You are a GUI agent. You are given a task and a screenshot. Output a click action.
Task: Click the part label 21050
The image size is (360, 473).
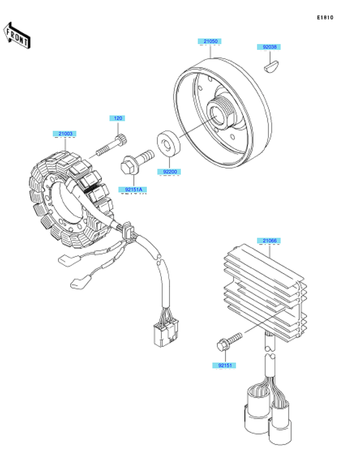pyautogui.click(x=210, y=41)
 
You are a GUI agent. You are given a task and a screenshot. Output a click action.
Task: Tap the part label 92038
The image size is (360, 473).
pyautogui.click(x=269, y=47)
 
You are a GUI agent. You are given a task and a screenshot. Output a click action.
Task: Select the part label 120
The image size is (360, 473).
pyautogui.click(x=118, y=118)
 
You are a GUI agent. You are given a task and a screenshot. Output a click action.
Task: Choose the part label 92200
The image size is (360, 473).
pyautogui.click(x=170, y=171)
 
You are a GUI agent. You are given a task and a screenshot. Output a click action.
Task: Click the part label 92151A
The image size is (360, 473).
pyautogui.click(x=133, y=190)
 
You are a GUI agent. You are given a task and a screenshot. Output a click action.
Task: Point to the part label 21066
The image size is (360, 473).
pyautogui.click(x=269, y=241)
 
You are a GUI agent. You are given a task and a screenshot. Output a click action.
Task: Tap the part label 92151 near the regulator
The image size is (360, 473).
pyautogui.click(x=225, y=365)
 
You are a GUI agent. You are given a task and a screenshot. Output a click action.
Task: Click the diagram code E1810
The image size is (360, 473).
pyautogui.click(x=325, y=17)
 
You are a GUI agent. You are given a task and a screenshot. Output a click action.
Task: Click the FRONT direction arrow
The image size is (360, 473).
pyautogui.click(x=17, y=35)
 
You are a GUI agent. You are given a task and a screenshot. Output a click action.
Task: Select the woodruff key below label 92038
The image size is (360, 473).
pyautogui.click(x=272, y=66)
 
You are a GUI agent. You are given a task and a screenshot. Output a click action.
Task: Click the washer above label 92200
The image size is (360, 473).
pyautogui.click(x=168, y=144)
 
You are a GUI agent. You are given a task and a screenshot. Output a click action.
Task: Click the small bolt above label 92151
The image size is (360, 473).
pyautogui.click(x=229, y=341)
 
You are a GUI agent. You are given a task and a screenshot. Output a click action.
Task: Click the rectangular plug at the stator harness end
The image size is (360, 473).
pyautogui.click(x=166, y=333)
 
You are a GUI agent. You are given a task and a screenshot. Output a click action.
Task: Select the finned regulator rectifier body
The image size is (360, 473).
pyautogui.click(x=265, y=292)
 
